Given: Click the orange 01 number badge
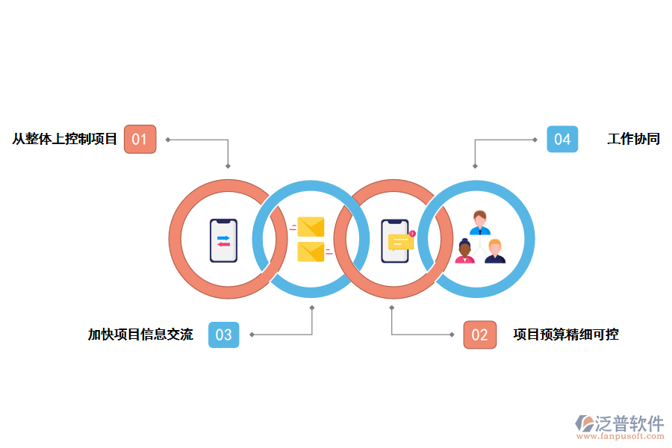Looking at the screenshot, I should [140, 139].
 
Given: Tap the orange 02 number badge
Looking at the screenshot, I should [479, 335].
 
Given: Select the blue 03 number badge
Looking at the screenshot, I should [223, 335].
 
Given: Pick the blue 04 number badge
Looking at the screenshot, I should [562, 139].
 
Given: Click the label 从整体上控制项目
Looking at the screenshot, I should [65, 139].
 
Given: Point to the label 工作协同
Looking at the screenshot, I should [633, 139].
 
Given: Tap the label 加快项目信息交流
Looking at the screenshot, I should [140, 335].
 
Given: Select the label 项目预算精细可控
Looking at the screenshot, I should [566, 335].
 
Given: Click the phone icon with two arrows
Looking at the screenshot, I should [223, 240].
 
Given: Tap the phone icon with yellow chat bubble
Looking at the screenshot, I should [396, 240].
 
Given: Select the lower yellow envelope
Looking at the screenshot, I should [311, 252].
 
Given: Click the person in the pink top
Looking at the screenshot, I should [464, 252].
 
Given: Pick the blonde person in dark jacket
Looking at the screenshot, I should [494, 252].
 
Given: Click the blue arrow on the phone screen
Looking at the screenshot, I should [223, 237].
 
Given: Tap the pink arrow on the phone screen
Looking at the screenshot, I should [223, 244].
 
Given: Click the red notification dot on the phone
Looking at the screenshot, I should [412, 234].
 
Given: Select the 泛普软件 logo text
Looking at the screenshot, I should [629, 423].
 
